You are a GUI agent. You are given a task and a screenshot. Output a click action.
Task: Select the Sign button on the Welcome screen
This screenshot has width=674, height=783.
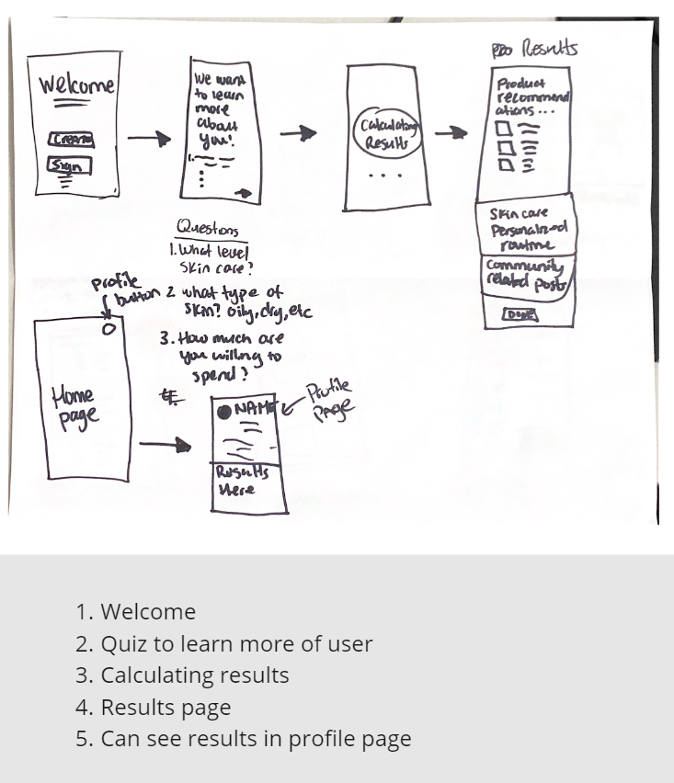69,166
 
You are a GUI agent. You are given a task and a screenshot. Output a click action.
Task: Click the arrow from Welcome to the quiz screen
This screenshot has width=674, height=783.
149,140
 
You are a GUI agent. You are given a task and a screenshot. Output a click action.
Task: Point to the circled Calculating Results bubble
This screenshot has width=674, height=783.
386,135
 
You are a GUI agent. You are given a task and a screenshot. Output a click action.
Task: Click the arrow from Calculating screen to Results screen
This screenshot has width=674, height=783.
451,134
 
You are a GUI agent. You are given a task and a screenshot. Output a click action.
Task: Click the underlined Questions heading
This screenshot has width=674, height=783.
207,230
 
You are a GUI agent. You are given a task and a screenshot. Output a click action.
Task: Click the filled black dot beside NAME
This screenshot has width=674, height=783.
223,411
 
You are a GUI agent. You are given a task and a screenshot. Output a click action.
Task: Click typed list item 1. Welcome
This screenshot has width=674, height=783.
136,612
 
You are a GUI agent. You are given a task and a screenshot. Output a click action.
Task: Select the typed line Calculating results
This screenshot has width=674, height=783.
182,675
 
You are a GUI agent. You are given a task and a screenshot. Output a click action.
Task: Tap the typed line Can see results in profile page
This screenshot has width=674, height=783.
244,739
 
